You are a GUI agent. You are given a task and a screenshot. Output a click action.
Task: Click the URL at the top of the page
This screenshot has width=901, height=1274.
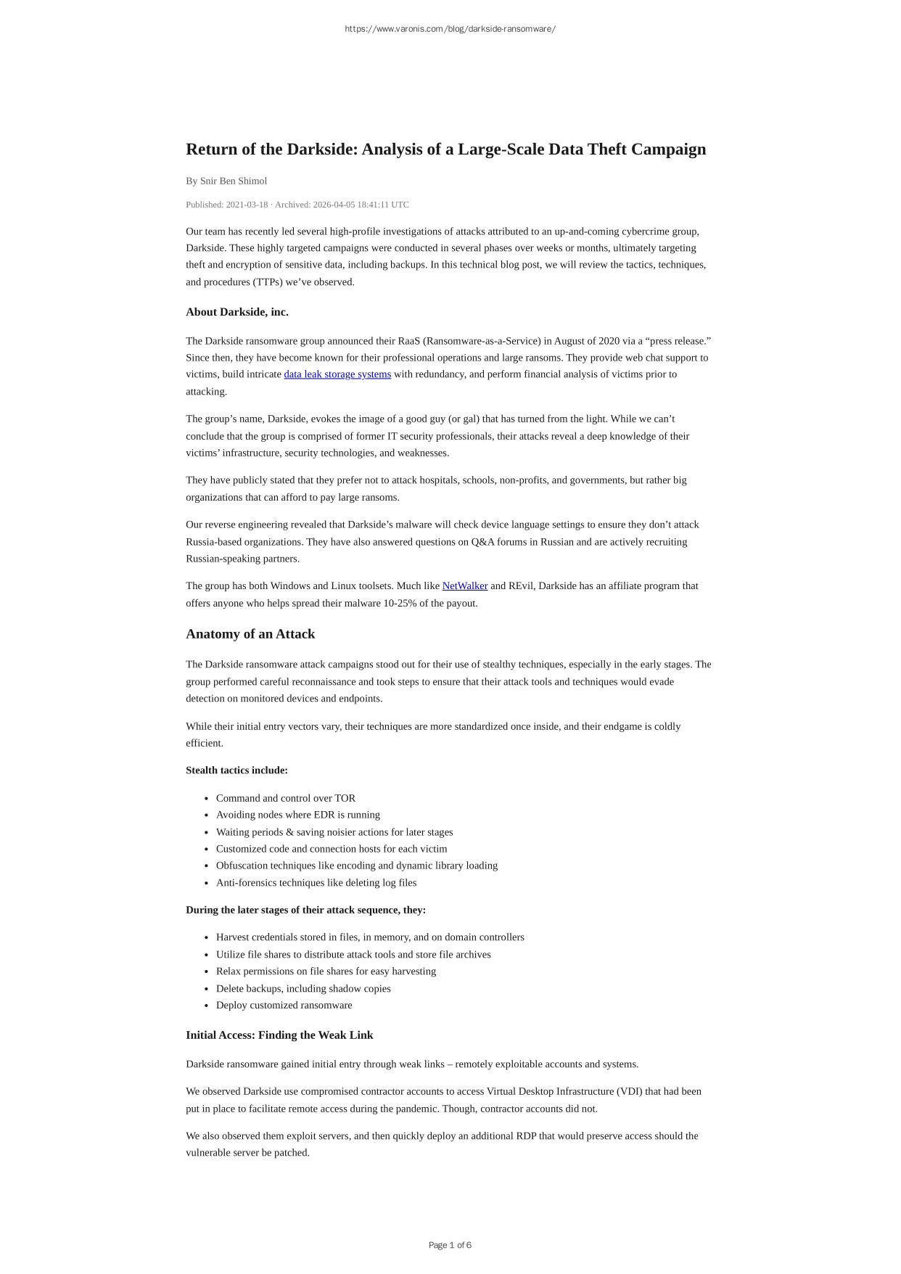pos(450,29)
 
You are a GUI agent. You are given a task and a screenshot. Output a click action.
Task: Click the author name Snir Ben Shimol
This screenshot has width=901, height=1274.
pos(234,181)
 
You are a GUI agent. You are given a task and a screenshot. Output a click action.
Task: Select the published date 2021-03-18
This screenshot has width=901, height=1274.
pos(247,205)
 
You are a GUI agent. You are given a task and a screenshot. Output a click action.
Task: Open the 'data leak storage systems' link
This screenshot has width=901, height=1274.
pos(337,374)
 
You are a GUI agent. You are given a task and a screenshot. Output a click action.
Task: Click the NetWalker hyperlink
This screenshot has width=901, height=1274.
pos(464,585)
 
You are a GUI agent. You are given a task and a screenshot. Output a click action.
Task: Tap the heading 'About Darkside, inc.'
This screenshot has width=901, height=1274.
pos(237,312)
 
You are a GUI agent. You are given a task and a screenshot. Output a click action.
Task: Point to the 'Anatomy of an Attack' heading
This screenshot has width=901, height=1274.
pos(250,634)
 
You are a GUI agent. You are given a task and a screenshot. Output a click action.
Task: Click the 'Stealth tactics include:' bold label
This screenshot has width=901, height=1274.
pos(236,770)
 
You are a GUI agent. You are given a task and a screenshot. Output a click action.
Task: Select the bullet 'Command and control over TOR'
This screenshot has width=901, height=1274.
pos(286,798)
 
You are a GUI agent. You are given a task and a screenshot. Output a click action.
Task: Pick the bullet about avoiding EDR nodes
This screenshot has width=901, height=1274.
pos(298,815)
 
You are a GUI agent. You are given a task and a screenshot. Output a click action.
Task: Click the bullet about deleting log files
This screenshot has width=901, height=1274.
pos(316,883)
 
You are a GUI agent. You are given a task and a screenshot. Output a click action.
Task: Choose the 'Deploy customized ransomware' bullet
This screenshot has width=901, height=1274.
pos(284,1005)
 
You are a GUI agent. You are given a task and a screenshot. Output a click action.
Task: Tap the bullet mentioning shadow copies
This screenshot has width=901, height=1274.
pos(303,988)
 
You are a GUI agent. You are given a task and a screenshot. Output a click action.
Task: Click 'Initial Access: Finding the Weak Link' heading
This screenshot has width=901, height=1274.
pos(279,1035)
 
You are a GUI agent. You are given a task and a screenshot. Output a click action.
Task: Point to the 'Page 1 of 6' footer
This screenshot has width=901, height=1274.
pos(450,1245)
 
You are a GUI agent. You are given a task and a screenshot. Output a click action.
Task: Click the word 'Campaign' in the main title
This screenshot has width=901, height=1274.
pos(667,149)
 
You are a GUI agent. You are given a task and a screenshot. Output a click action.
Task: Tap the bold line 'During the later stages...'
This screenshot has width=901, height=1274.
pos(305,910)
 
